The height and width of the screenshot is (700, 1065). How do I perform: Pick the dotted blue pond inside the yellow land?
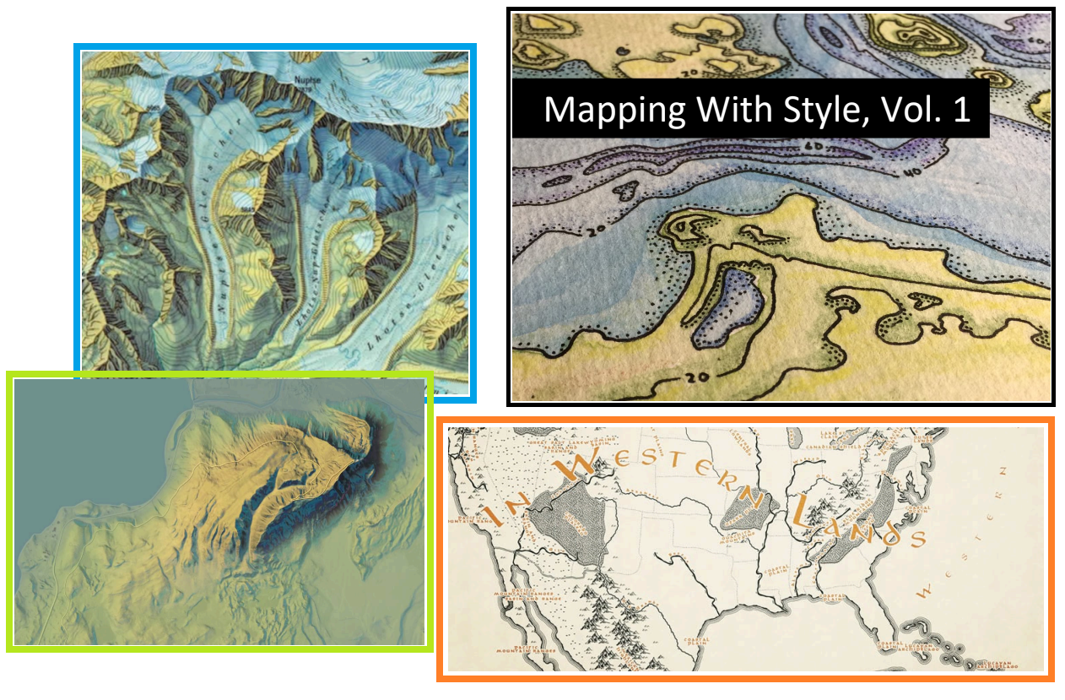pyautogui.click(x=729, y=307)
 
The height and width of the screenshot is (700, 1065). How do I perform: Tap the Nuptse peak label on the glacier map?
pyautogui.click(x=307, y=81)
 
